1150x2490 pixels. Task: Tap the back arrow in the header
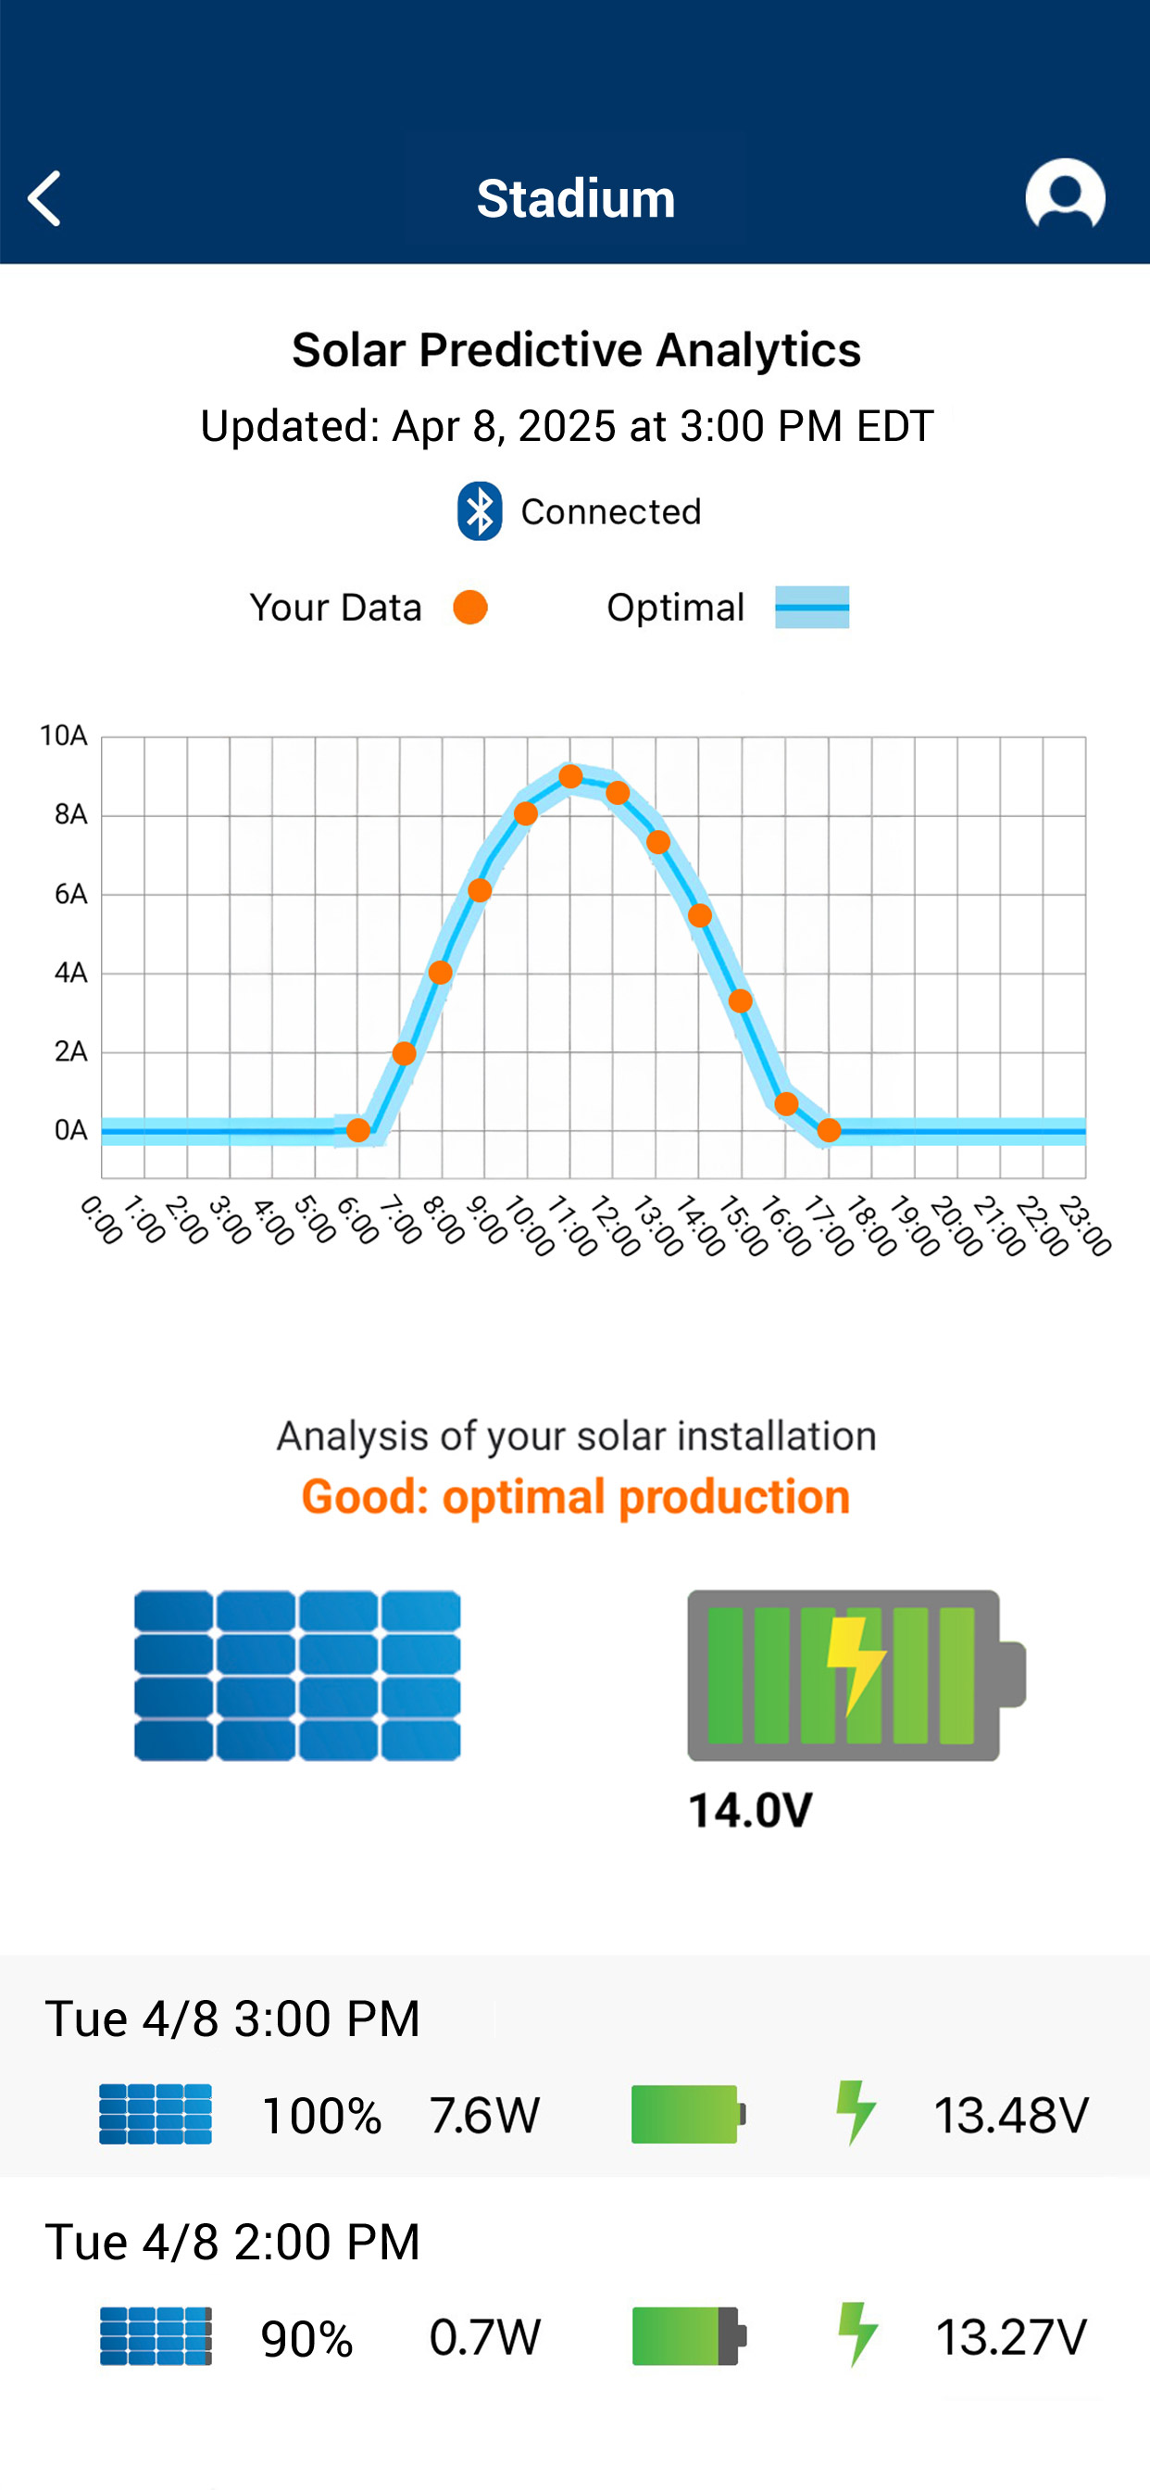click(44, 198)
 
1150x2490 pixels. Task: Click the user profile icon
click(1065, 195)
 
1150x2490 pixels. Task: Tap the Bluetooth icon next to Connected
click(480, 510)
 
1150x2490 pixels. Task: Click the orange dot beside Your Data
click(470, 607)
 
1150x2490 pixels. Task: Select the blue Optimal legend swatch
click(812, 607)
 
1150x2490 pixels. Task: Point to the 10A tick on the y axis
click(64, 736)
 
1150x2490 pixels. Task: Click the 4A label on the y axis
click(70, 973)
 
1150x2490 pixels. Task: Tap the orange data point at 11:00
click(570, 776)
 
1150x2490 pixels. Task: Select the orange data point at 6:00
click(357, 1130)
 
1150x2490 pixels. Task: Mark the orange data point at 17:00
click(828, 1130)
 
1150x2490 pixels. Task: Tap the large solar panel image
click(296, 1674)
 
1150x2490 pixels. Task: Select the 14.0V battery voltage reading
click(750, 1810)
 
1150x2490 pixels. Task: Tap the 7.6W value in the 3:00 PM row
click(484, 2115)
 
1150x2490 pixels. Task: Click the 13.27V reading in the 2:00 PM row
click(1011, 2337)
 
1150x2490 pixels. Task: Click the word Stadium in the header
click(576, 198)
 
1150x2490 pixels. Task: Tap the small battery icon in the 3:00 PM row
click(688, 2114)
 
